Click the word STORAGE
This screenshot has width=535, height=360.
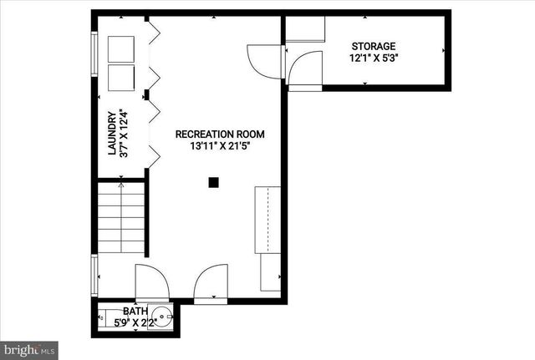(x=373, y=46)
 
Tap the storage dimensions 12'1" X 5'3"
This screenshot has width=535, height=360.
(x=373, y=58)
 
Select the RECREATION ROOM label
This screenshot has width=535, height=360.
(x=219, y=134)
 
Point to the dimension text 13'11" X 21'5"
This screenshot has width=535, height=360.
(x=219, y=146)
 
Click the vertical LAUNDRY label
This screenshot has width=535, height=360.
(x=110, y=134)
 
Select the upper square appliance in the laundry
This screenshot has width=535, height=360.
(x=120, y=49)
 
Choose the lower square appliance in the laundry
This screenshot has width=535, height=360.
(x=120, y=78)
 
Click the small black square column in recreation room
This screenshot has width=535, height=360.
(x=214, y=181)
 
